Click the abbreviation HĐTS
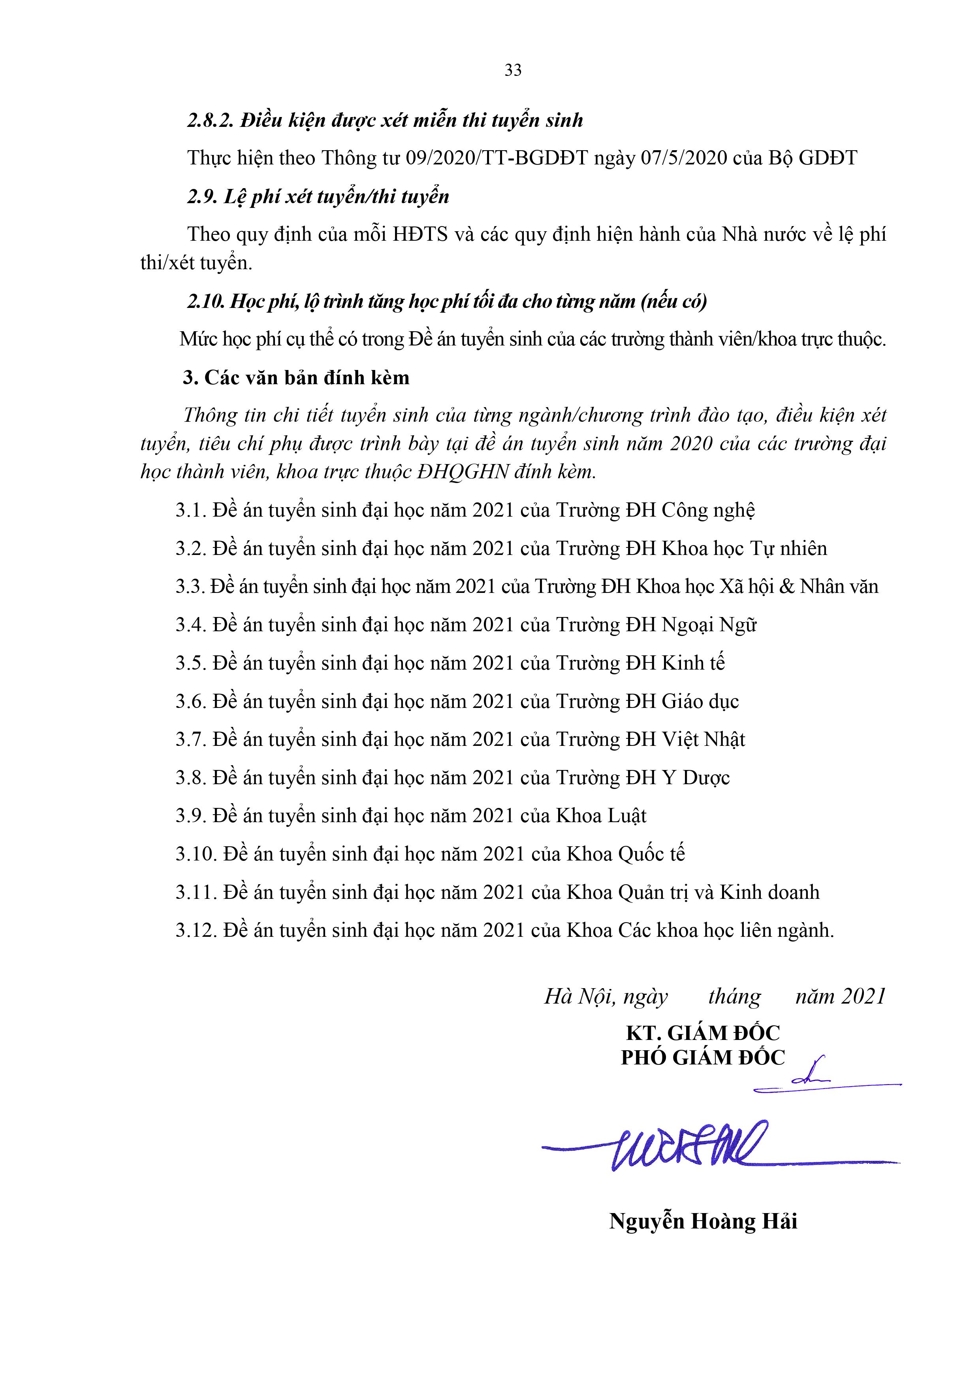(420, 234)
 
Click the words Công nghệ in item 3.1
(708, 510)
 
